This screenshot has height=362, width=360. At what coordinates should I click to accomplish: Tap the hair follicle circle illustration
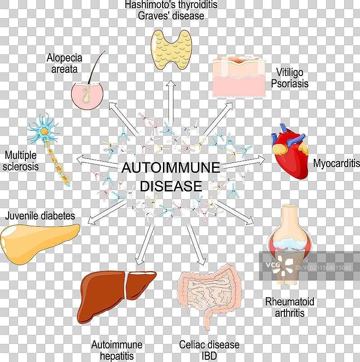(x=87, y=94)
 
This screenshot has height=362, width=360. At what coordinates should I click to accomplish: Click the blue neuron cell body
(x=44, y=131)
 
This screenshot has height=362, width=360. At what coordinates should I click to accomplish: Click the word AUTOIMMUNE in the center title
(x=171, y=168)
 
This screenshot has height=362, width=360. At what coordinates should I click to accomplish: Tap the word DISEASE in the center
(x=171, y=186)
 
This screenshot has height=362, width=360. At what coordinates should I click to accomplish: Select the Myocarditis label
(x=336, y=163)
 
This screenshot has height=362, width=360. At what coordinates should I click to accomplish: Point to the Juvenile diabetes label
(x=40, y=215)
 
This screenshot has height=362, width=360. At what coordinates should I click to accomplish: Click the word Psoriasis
(x=293, y=84)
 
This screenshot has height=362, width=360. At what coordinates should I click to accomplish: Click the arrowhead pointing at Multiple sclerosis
(x=80, y=160)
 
